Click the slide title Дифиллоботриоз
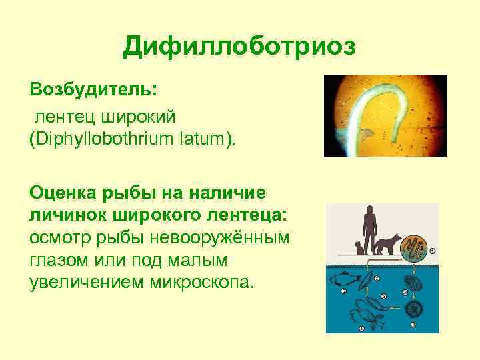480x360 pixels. [x=240, y=47]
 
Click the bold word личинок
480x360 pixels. [x=67, y=215]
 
